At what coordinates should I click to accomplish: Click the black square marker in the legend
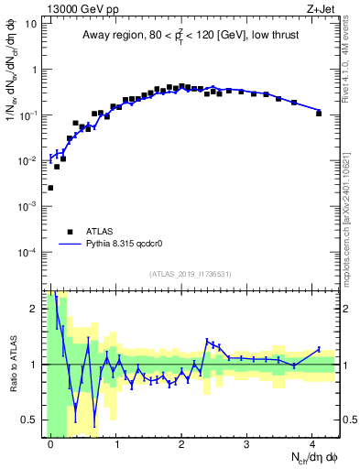click(70, 232)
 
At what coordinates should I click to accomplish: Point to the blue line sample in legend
click(70, 245)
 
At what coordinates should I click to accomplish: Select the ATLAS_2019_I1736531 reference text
click(191, 274)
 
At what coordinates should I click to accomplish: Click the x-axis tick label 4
click(312, 443)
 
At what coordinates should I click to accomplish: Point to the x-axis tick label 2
click(181, 443)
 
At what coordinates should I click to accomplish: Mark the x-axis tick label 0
click(50, 443)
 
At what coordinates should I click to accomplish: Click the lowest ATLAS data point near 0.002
click(50, 188)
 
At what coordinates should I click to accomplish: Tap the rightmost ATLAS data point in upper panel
click(319, 114)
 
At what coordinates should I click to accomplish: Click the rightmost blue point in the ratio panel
click(319, 349)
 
